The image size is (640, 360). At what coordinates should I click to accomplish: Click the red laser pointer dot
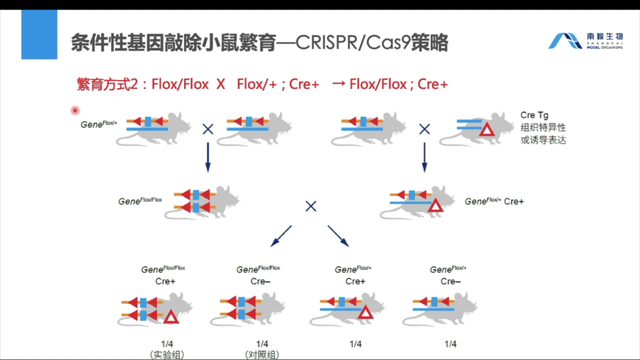[x=75, y=111]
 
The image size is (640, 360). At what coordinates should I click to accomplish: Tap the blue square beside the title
[x=39, y=34]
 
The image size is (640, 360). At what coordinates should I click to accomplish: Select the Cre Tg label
[x=534, y=115]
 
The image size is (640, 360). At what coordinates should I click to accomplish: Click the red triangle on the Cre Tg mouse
[x=486, y=129]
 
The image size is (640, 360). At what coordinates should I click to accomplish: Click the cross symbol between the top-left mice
[x=208, y=129]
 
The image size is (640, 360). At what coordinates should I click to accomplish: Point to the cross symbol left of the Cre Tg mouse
[x=424, y=129]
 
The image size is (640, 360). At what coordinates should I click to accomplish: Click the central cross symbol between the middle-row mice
[x=310, y=206]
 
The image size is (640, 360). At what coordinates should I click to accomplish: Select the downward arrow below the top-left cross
[x=208, y=157]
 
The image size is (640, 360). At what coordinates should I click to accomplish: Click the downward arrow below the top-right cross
[x=424, y=157]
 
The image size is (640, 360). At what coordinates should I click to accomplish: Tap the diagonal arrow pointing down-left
[x=281, y=236]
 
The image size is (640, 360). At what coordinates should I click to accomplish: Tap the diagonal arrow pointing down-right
[x=338, y=236]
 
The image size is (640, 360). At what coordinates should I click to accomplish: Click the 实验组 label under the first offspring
[x=167, y=355]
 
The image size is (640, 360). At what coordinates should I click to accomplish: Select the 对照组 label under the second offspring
[x=262, y=355]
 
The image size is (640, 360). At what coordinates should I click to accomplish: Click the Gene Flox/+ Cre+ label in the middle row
[x=494, y=201]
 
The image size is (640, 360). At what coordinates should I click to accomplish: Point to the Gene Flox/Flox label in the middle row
[x=140, y=201]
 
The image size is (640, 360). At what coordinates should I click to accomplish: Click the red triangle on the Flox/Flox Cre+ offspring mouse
[x=171, y=317]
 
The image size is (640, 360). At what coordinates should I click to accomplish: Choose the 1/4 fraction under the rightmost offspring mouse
[x=450, y=344]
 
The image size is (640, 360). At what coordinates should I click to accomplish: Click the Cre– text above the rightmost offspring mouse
[x=450, y=281]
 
